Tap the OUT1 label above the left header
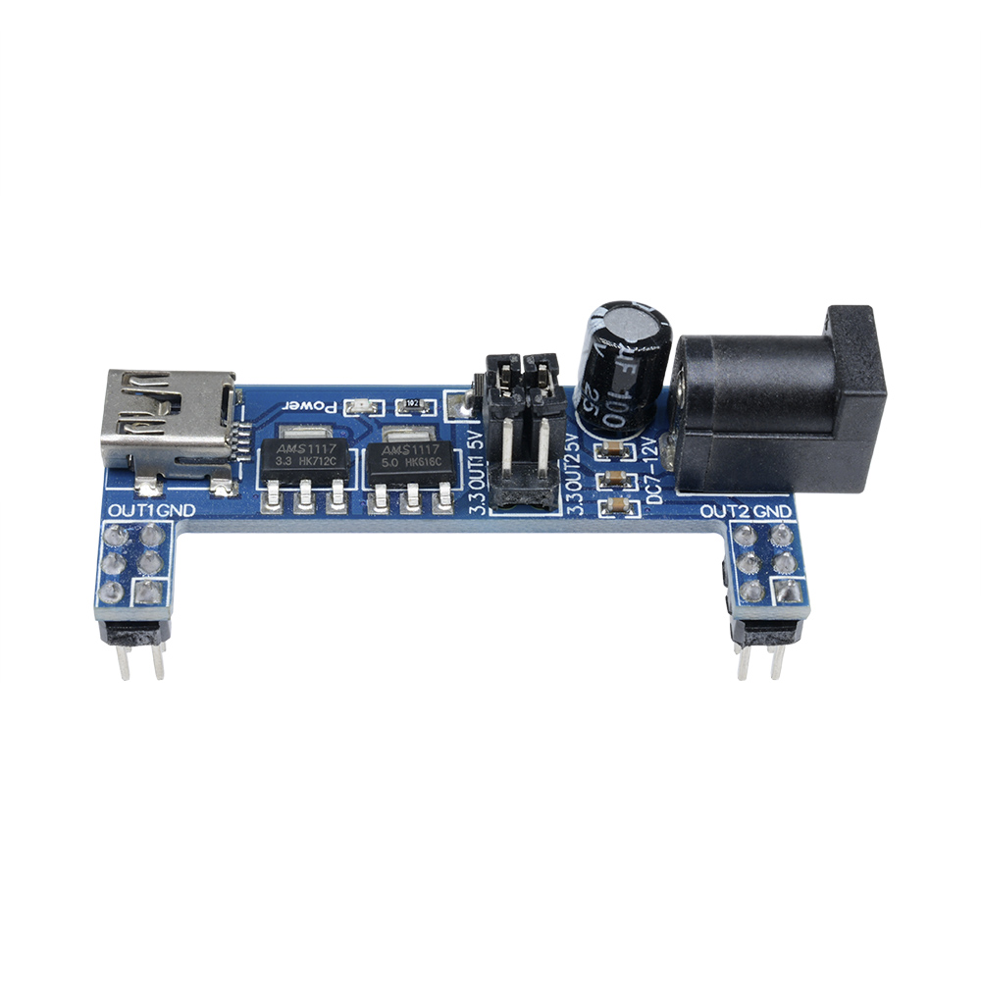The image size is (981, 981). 129,512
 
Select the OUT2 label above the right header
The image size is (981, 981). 727,512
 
